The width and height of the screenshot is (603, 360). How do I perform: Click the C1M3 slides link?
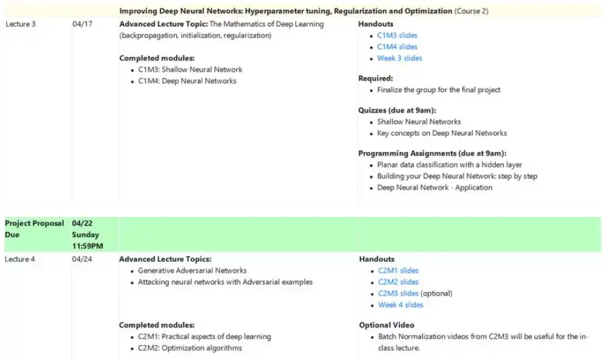[397, 35]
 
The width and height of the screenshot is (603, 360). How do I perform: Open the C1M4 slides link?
[397, 47]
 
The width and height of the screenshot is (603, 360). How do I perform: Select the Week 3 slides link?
[400, 58]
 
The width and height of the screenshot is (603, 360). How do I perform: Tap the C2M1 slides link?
[398, 271]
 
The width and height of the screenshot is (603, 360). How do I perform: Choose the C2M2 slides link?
[398, 282]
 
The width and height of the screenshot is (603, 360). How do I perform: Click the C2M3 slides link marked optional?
[398, 294]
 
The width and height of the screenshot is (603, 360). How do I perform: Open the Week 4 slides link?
[400, 305]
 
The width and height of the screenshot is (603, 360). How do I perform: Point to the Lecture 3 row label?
[21, 24]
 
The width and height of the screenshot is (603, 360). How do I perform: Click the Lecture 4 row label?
[21, 259]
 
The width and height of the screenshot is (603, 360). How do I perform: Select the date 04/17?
[82, 24]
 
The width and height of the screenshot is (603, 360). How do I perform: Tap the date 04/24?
[82, 259]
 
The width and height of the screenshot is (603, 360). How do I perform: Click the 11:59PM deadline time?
[87, 246]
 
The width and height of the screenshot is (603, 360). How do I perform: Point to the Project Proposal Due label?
[34, 228]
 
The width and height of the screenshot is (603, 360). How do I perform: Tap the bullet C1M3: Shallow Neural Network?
[190, 69]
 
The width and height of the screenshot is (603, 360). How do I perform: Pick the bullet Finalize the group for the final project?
[438, 89]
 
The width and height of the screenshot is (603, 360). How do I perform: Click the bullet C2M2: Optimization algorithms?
[190, 348]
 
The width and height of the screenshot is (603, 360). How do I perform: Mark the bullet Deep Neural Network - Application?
[434, 188]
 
